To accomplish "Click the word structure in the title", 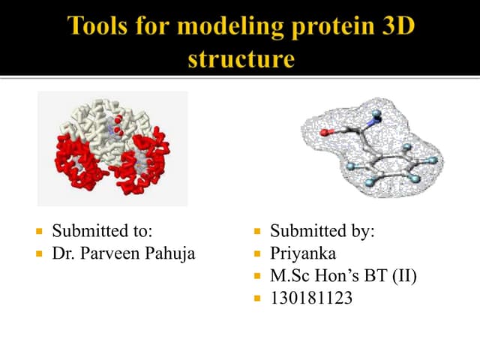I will pos(239,58).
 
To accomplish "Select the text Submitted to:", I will pos(106,231).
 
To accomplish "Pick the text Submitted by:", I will pos(322,231).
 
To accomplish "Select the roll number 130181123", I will pos(311,298).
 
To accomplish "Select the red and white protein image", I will pos(112,148).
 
